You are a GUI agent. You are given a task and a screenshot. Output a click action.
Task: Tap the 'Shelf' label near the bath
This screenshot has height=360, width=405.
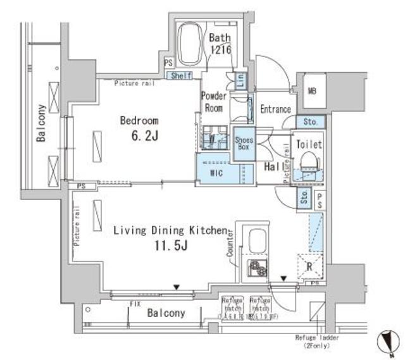180,76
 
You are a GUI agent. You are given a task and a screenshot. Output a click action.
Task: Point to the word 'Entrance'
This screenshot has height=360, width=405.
276,109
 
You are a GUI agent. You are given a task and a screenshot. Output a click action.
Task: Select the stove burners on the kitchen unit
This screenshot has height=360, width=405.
258,269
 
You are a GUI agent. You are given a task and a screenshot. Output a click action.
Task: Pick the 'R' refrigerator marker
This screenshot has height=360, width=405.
309,266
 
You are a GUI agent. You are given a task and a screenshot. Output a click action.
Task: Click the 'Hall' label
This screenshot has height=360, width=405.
273,166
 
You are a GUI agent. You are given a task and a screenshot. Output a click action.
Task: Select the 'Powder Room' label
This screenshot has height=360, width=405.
213,101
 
